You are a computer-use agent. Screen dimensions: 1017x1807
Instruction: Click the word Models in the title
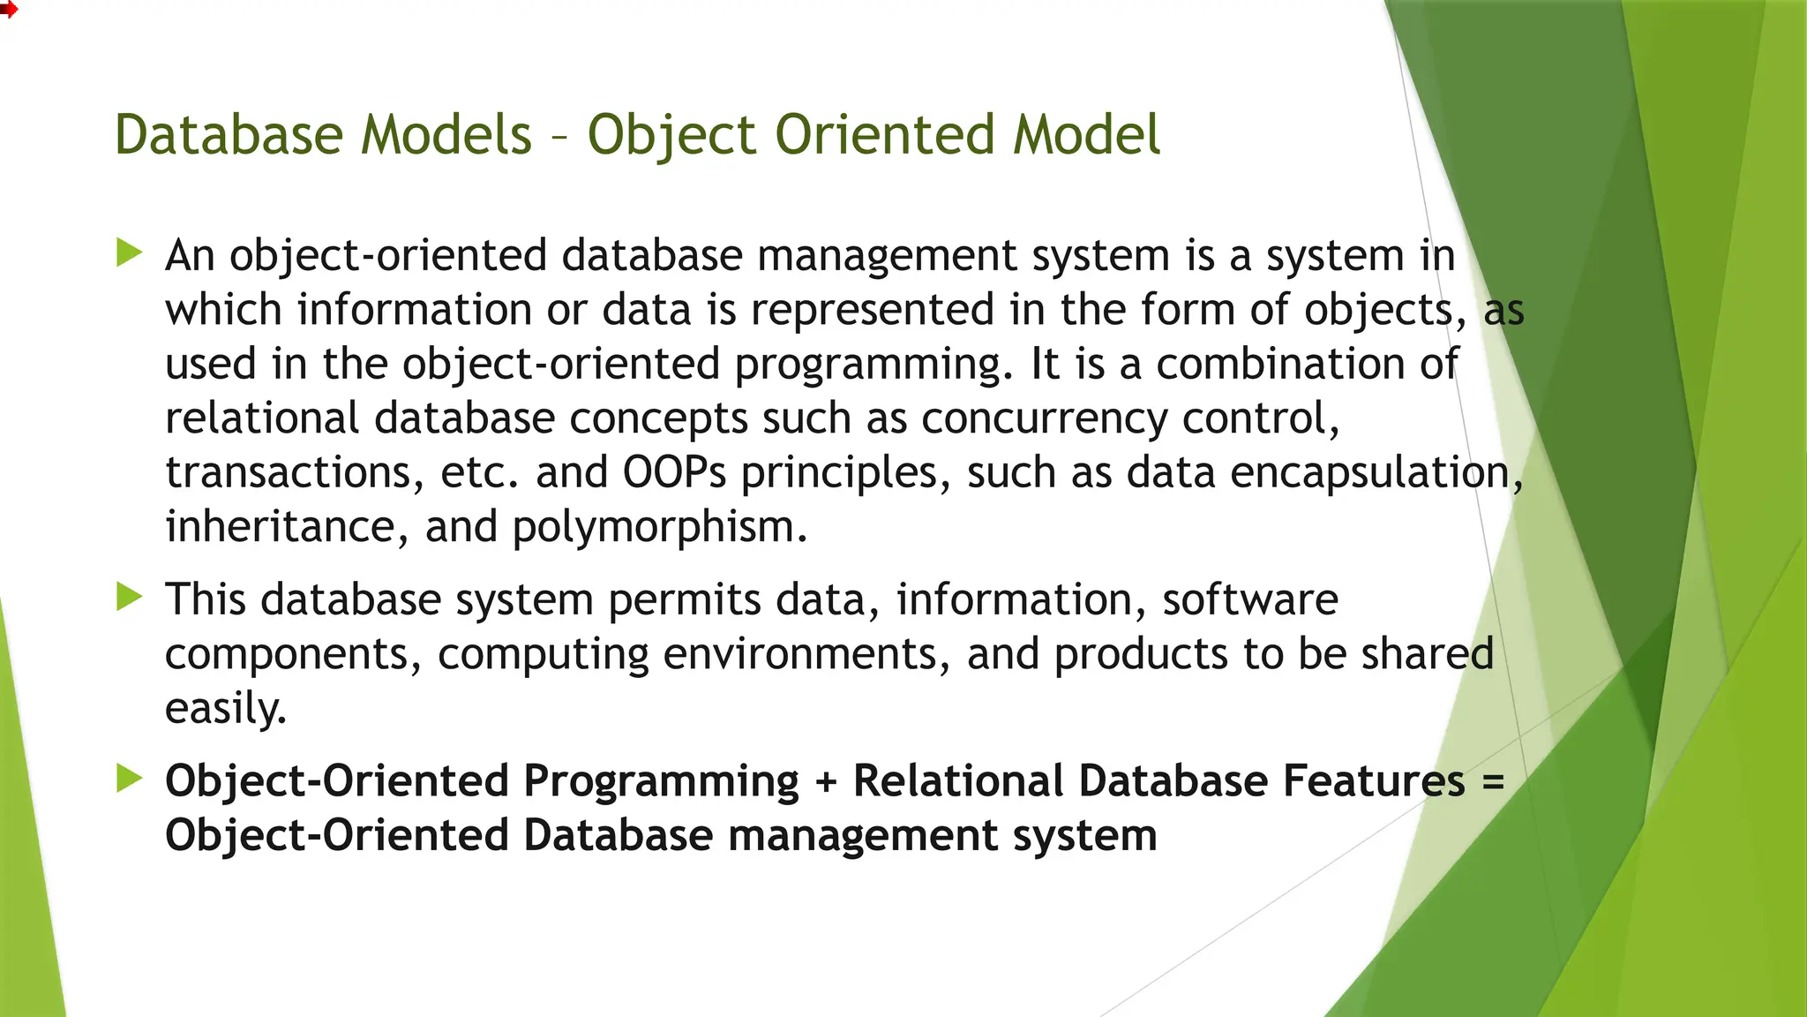[446, 135]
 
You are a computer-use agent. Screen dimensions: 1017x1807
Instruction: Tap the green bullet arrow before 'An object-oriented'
[130, 253]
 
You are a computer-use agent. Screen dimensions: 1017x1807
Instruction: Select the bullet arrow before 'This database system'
[130, 598]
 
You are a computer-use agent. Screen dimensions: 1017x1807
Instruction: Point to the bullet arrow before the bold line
[130, 779]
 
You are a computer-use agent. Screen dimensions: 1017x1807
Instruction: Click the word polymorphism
[659, 528]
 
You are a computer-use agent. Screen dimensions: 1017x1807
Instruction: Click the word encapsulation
[1376, 473]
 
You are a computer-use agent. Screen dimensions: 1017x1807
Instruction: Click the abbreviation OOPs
[674, 472]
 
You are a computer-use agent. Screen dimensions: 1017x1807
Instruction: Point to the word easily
[226, 708]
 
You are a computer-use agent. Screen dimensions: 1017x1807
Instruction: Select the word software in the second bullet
[1249, 599]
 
